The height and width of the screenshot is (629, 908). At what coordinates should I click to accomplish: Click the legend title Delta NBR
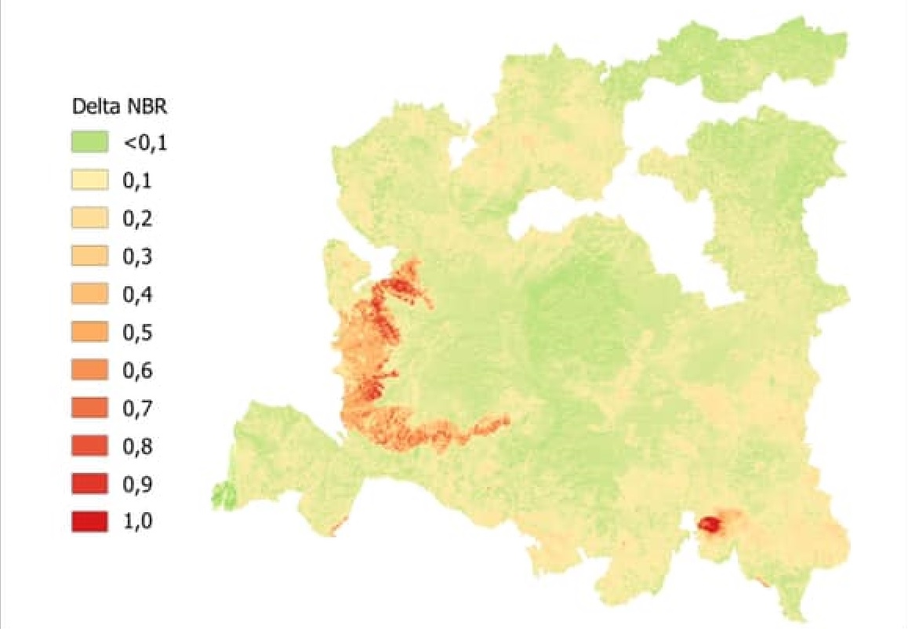(119, 107)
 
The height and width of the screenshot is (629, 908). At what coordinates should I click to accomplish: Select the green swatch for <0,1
(89, 144)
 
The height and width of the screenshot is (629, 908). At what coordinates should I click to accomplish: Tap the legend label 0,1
(137, 182)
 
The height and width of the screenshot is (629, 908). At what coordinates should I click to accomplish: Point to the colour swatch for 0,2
(89, 219)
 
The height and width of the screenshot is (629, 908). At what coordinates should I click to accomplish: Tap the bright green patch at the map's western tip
(224, 495)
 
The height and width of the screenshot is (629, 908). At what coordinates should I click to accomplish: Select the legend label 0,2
(137, 219)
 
